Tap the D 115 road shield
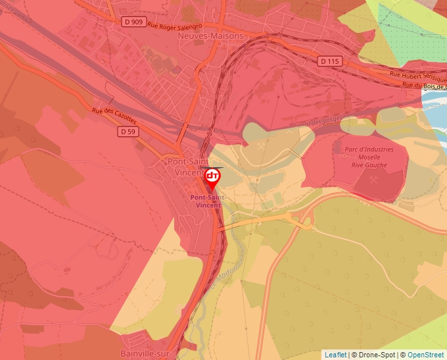[x=330, y=61]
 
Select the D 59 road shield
[x=128, y=132]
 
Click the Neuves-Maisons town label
[x=210, y=36]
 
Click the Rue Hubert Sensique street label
[x=418, y=76]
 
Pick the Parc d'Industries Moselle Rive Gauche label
[x=369, y=157]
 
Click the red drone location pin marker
[x=212, y=177]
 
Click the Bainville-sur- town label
[x=146, y=354]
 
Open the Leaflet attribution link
[x=335, y=355]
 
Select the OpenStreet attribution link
[x=427, y=355]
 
